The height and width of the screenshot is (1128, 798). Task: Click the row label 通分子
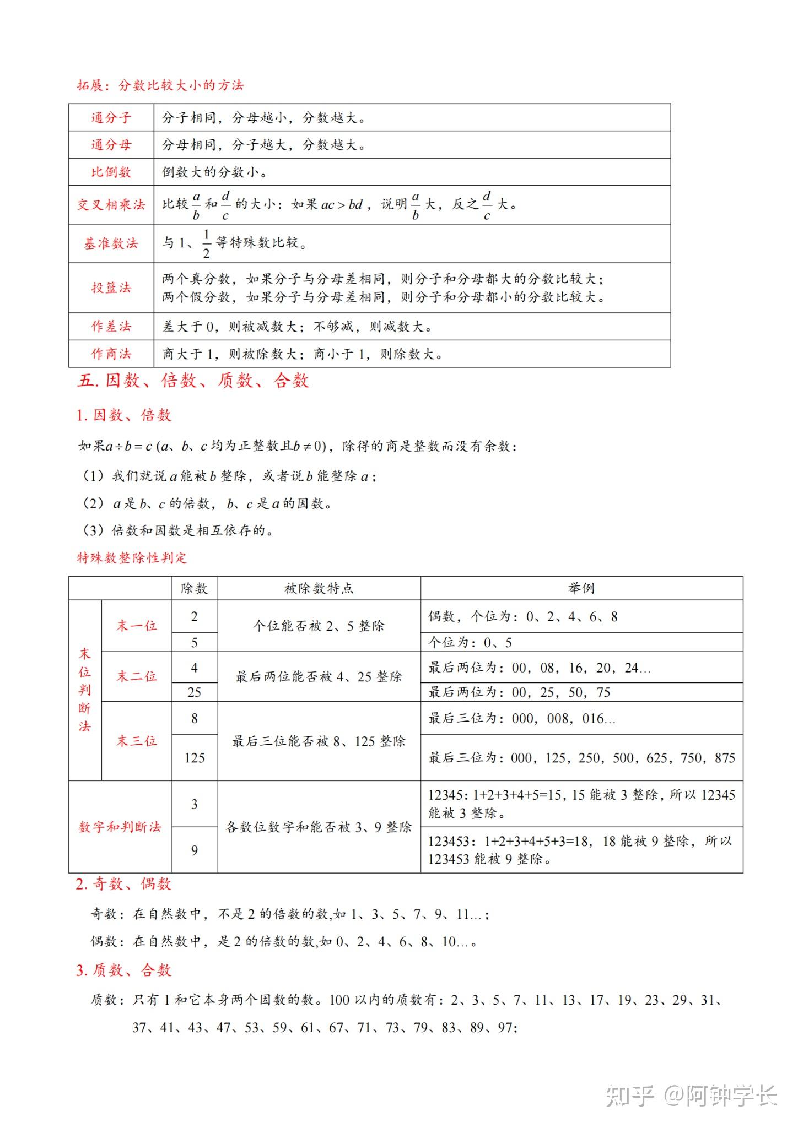[x=111, y=117]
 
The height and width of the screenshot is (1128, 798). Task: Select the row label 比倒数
[x=111, y=172]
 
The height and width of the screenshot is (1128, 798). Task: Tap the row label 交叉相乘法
[x=111, y=205]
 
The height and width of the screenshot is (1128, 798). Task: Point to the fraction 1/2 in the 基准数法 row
[x=206, y=243]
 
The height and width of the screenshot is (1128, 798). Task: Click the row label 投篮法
[x=111, y=288]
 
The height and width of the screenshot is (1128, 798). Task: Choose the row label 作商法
[x=111, y=354]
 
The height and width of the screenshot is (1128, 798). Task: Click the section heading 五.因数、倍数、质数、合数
[x=193, y=381]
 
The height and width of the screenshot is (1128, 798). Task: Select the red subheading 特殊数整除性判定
[x=132, y=558]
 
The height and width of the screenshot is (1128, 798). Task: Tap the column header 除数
[x=194, y=588]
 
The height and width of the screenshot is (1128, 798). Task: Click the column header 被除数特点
[x=319, y=588]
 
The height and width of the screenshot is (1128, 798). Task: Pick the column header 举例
[x=581, y=588]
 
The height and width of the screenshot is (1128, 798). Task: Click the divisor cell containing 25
[x=194, y=692]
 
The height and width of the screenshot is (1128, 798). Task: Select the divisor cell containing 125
[x=194, y=758]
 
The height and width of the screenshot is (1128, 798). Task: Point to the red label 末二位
[x=136, y=676]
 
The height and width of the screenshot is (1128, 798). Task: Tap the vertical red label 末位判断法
[x=84, y=690]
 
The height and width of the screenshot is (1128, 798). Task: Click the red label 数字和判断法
[x=120, y=827]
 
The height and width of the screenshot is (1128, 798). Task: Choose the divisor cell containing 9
[x=194, y=850]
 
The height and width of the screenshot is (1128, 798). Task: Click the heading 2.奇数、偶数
[x=123, y=884]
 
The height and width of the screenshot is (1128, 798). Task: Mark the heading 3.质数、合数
[x=123, y=970]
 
